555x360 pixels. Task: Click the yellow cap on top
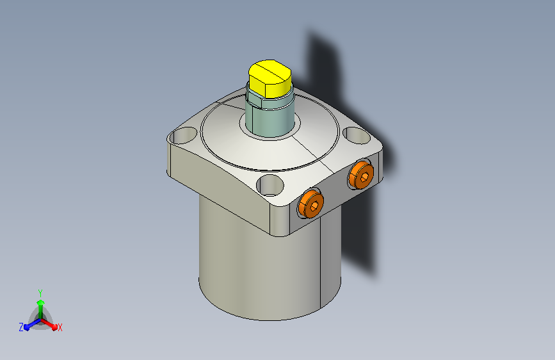(x=269, y=79)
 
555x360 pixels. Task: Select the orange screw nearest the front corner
(x=310, y=204)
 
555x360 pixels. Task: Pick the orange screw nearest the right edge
(x=360, y=175)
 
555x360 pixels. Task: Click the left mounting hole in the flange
(x=182, y=135)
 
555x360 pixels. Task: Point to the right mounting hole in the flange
(x=357, y=135)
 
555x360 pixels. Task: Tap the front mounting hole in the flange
(x=270, y=185)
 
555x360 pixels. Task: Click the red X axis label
(x=60, y=327)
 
